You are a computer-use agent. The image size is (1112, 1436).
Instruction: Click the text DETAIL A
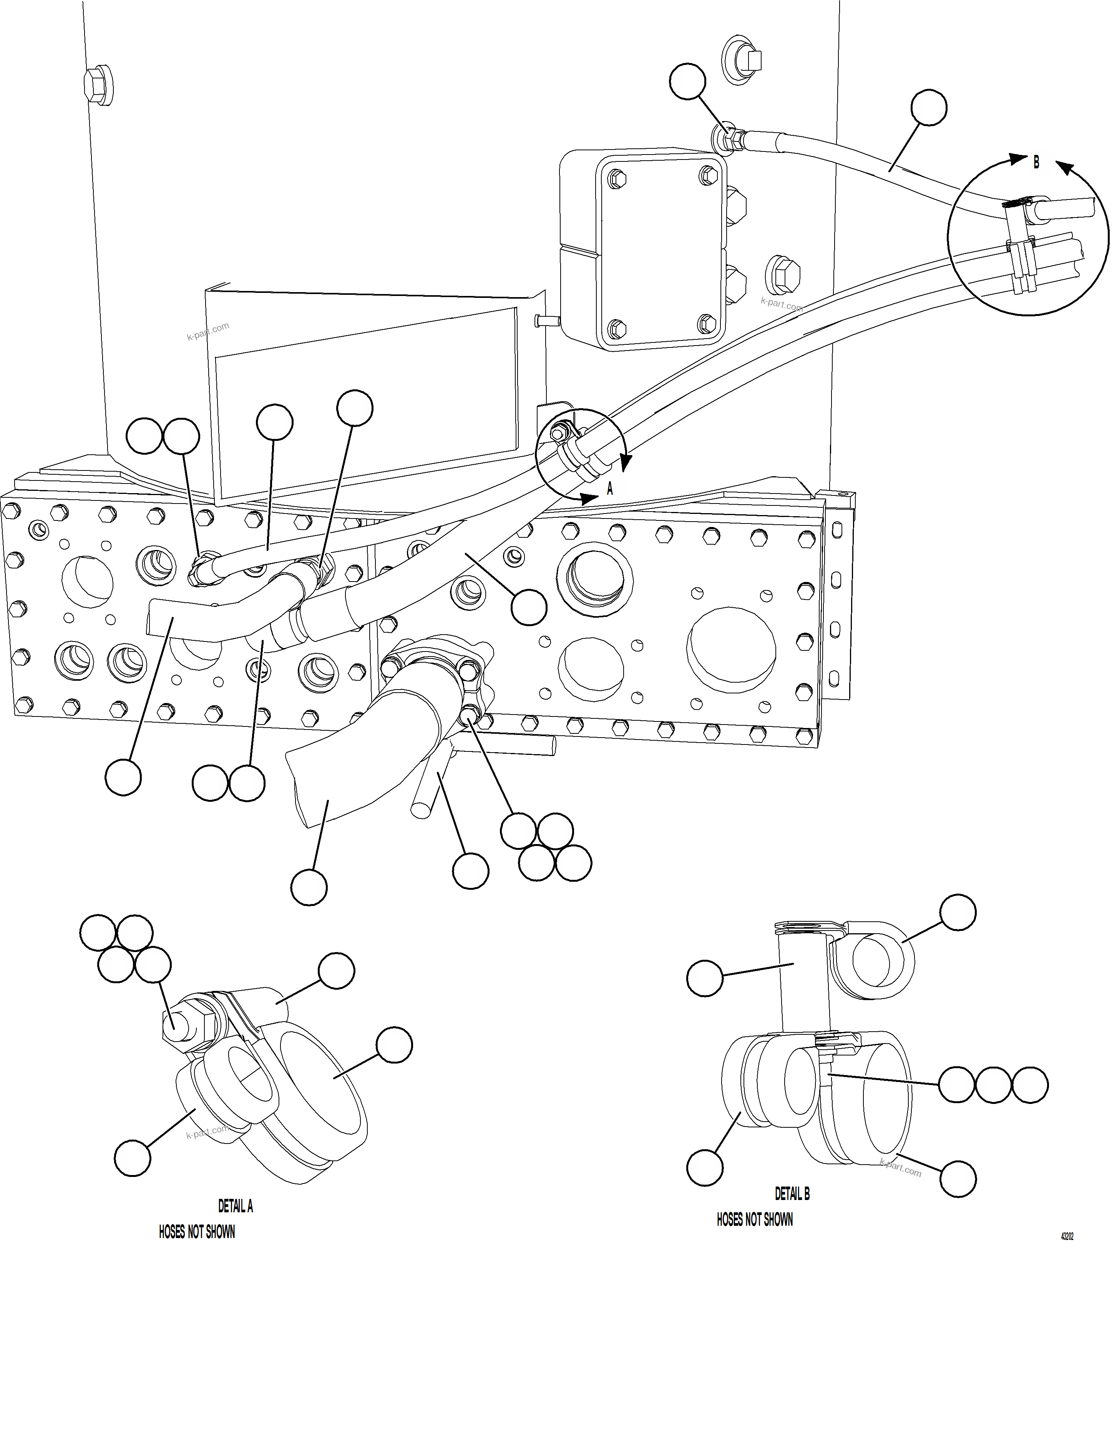click(235, 1206)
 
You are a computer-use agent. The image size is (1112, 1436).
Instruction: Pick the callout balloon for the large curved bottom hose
click(309, 887)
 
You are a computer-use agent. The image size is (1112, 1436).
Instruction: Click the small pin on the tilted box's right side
click(546, 320)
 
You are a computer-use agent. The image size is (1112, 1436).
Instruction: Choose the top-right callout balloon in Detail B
click(958, 912)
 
